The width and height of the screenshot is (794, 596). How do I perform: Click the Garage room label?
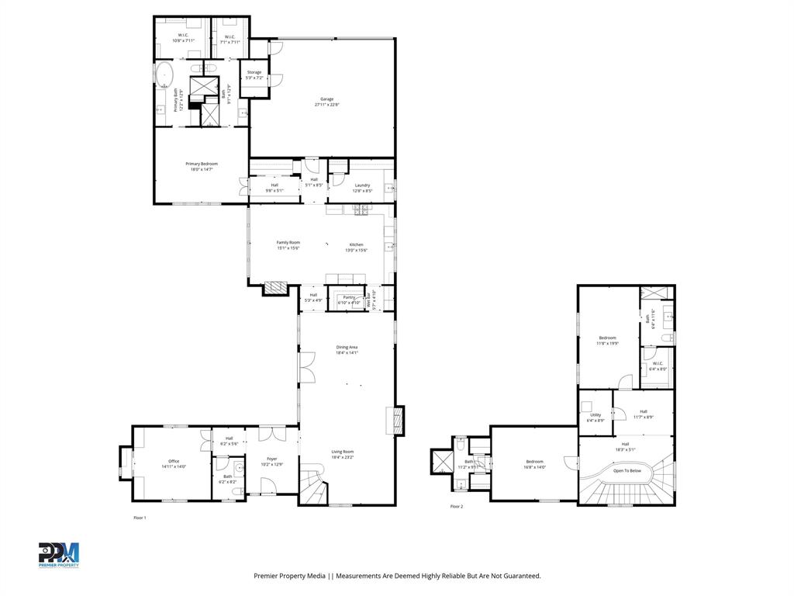[327, 99]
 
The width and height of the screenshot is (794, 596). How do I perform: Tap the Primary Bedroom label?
[202, 164]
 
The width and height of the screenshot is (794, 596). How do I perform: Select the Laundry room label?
[362, 185]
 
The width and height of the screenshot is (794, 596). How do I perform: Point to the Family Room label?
[288, 243]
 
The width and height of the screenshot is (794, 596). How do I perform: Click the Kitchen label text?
[356, 244]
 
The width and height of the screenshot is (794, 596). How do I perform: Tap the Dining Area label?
[347, 347]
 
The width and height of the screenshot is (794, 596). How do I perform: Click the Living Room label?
[343, 452]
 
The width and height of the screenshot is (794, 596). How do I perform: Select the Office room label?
[174, 461]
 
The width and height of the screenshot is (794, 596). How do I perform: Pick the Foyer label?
[272, 459]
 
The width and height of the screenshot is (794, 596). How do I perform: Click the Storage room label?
[254, 72]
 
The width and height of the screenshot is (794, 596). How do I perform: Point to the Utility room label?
[595, 415]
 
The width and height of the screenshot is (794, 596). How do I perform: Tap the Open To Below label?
[627, 470]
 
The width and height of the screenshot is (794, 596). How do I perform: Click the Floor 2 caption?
[457, 507]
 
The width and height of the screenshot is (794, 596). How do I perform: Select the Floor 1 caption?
[140, 518]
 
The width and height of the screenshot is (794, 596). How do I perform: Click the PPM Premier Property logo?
[59, 555]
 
